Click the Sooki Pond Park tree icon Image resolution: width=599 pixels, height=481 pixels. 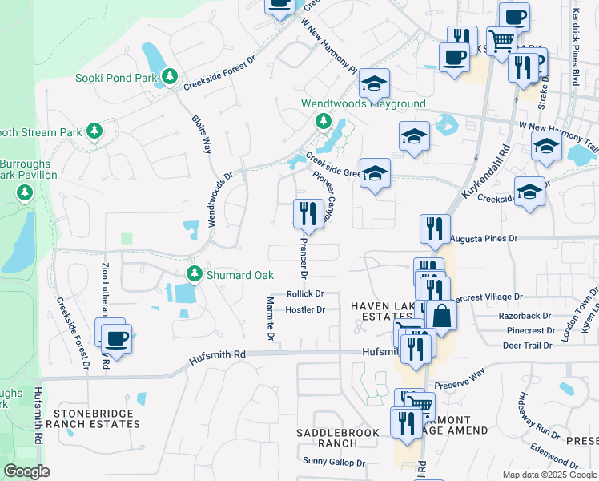point(170,77)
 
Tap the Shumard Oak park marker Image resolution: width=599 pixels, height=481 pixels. point(194,274)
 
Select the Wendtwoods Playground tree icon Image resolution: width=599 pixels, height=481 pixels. point(323,122)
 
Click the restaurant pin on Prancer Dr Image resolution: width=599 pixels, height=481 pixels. point(309,213)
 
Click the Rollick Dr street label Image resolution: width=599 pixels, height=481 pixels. point(305,294)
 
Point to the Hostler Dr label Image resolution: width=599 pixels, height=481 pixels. point(304,309)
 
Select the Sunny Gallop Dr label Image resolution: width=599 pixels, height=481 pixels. point(334,463)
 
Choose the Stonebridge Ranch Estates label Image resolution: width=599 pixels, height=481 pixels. point(96,418)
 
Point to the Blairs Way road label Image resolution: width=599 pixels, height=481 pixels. point(201,134)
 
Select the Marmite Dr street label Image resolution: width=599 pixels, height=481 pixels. point(270,318)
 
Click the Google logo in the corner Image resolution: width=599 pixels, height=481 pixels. point(26,471)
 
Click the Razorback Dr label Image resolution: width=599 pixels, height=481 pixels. point(525,315)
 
